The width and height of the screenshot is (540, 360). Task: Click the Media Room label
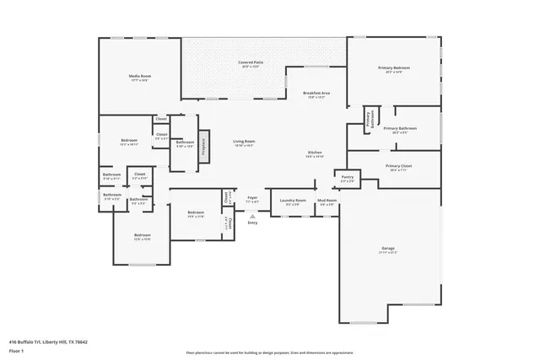[x=139, y=78]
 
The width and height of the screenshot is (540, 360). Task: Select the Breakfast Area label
[x=317, y=94]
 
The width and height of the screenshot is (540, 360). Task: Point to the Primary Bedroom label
[x=394, y=70]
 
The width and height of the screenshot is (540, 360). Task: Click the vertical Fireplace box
[x=202, y=147]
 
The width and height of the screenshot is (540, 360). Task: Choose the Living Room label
[x=244, y=142]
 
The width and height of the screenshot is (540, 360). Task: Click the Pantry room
[x=347, y=179]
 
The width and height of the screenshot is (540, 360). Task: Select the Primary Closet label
[x=393, y=168]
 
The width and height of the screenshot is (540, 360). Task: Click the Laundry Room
[x=295, y=202]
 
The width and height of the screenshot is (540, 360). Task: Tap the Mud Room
[x=326, y=202]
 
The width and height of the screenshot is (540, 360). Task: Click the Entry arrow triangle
[x=251, y=216]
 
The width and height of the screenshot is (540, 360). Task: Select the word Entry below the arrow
[x=251, y=223]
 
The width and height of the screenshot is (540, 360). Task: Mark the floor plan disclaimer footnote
[x=269, y=352]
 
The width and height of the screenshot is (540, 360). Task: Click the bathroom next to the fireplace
[x=185, y=143]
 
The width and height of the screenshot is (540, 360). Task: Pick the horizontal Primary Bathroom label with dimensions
[x=396, y=131]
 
